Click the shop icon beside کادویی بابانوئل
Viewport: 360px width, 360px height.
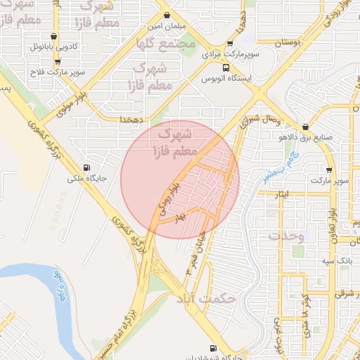pos(54,36)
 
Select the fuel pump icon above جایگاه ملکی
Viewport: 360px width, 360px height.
pos(86,167)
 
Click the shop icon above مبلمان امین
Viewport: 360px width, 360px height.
pos(167,15)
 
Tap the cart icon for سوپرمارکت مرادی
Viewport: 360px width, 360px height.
pos(226,43)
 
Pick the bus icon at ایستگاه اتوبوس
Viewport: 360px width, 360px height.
pos(226,67)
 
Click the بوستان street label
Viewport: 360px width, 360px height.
pos(287,44)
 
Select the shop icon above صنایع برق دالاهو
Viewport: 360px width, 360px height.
pos(304,127)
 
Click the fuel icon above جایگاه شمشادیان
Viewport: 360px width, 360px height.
pos(213,348)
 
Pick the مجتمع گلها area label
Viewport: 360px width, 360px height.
pos(167,44)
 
